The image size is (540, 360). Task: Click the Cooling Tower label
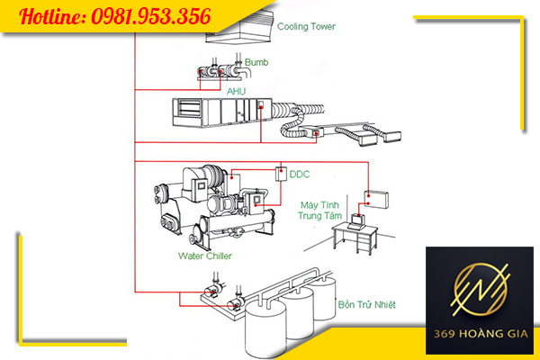tap(306, 26)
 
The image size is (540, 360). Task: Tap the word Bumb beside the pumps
tap(256, 62)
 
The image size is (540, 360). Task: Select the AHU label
tap(236, 91)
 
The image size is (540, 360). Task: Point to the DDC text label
tap(300, 175)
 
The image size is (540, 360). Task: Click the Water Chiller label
tap(205, 256)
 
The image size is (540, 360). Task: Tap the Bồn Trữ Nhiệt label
tap(367, 304)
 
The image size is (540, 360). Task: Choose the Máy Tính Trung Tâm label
tap(319, 211)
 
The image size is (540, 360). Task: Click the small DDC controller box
tap(281, 174)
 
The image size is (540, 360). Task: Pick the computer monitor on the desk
tap(358, 220)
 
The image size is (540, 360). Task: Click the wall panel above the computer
tap(376, 200)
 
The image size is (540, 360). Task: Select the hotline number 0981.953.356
tap(151, 16)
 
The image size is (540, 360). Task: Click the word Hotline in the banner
tap(52, 16)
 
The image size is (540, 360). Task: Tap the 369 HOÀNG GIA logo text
tap(481, 334)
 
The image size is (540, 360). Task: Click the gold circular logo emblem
tap(480, 289)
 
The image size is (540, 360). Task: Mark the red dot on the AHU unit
tap(261, 107)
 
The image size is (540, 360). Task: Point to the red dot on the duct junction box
tap(316, 133)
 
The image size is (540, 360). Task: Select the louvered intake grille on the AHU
tap(189, 109)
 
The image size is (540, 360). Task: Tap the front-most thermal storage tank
tap(265, 329)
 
